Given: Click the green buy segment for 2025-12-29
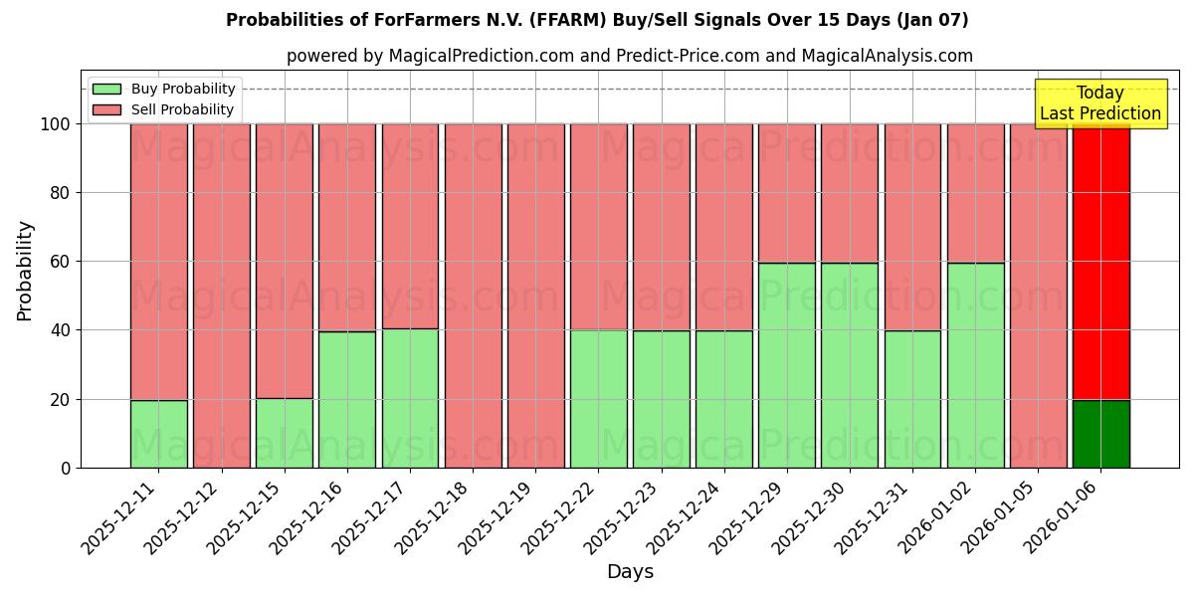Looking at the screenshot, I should pos(786,365).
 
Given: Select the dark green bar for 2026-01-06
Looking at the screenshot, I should pos(1100,434).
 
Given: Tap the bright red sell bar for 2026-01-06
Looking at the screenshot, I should pos(1100,262).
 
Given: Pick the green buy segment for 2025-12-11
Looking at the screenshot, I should pos(158,434).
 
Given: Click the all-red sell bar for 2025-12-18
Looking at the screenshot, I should pos(473,296).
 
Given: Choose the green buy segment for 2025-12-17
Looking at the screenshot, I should pos(410,398).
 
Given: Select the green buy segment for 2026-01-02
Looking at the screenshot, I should pos(975,365).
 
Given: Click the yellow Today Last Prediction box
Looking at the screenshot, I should pos(1099,103).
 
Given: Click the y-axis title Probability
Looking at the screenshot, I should pos(25,271).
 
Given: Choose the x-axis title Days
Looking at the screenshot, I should pos(630,572).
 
